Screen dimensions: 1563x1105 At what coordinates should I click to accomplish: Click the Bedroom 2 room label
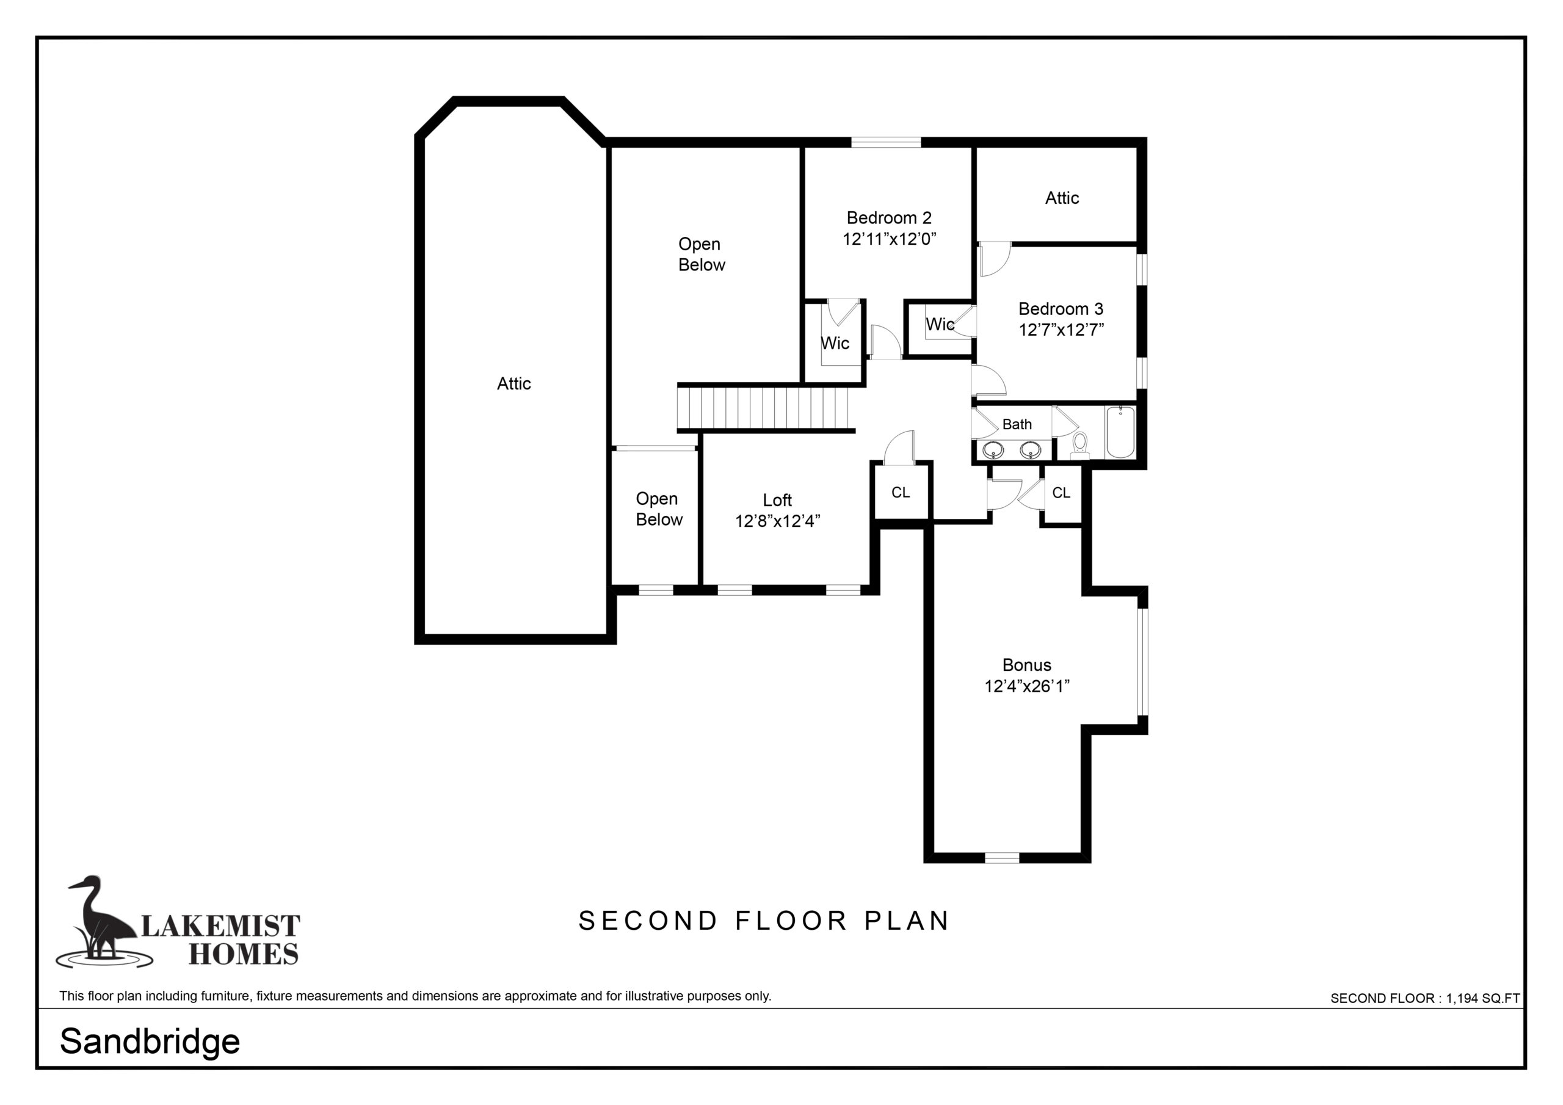point(889,218)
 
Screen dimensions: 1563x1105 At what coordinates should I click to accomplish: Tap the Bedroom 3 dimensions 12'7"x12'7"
point(1061,330)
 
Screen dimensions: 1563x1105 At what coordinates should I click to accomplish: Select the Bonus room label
point(1026,665)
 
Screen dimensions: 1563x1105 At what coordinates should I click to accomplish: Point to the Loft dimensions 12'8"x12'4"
point(777,521)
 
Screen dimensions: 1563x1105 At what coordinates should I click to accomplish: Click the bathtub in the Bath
point(1120,432)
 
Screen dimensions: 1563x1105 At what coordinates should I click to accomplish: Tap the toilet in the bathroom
point(1079,443)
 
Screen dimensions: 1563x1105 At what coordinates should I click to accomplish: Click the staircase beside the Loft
point(766,408)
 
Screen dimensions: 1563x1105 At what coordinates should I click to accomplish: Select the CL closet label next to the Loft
point(900,492)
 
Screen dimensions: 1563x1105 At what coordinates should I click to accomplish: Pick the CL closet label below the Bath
point(1061,492)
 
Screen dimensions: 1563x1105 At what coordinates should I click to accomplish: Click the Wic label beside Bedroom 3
point(940,325)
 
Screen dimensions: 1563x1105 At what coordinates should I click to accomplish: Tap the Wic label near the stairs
point(835,343)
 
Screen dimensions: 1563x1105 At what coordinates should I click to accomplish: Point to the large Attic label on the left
point(514,384)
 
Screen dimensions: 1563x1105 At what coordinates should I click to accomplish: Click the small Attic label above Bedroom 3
point(1062,198)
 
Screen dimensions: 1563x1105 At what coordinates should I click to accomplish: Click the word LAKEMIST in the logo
point(220,926)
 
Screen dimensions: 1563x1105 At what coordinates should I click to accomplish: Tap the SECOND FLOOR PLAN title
point(764,921)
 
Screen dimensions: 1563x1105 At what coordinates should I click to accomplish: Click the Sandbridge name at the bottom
point(150,1041)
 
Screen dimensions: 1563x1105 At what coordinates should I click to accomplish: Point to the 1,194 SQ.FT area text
point(1482,998)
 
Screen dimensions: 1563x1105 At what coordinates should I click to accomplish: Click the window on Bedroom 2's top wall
point(886,142)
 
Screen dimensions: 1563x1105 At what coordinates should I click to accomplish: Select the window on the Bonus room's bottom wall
point(1002,858)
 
